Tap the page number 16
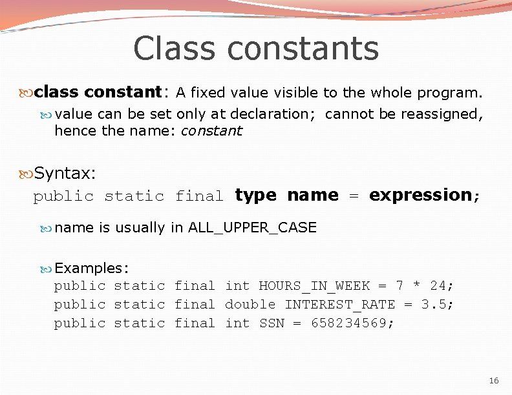click(494, 381)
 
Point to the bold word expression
click(420, 196)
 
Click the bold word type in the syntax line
click(255, 196)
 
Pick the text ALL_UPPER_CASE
click(252, 227)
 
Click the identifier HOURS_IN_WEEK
click(314, 285)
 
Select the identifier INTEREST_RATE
click(340, 304)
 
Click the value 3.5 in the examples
click(434, 304)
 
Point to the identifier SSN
click(272, 323)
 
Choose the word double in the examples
click(250, 304)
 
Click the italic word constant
click(211, 131)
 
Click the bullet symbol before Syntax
click(26, 173)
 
